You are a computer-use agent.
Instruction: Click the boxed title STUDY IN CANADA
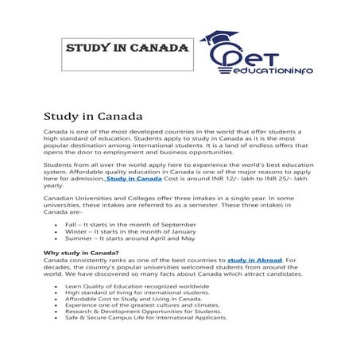point(126,48)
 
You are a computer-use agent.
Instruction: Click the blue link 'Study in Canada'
point(128,180)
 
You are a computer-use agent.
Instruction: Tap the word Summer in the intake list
point(78,238)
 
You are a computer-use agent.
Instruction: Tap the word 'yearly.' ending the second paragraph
point(53,187)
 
